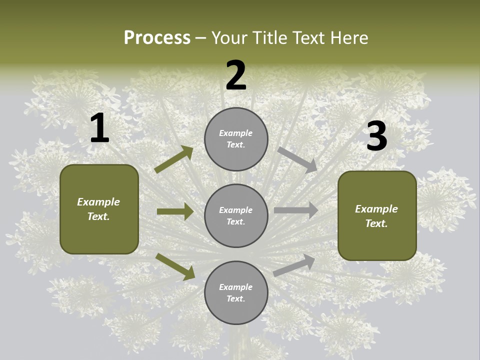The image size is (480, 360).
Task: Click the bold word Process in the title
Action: coord(157,37)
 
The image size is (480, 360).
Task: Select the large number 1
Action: coord(99,128)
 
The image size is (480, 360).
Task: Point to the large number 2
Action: coord(236,76)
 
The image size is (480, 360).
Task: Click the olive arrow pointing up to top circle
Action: coord(174,159)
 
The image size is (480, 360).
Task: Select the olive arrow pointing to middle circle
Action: coord(175,211)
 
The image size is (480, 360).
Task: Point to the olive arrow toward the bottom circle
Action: coord(175,266)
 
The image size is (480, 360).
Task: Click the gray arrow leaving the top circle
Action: coord(297,159)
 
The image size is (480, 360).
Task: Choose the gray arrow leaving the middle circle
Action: coord(296,210)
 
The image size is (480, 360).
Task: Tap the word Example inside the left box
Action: coord(98,202)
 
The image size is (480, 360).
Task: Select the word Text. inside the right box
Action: coord(376,223)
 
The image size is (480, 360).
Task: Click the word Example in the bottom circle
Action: coord(236,287)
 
